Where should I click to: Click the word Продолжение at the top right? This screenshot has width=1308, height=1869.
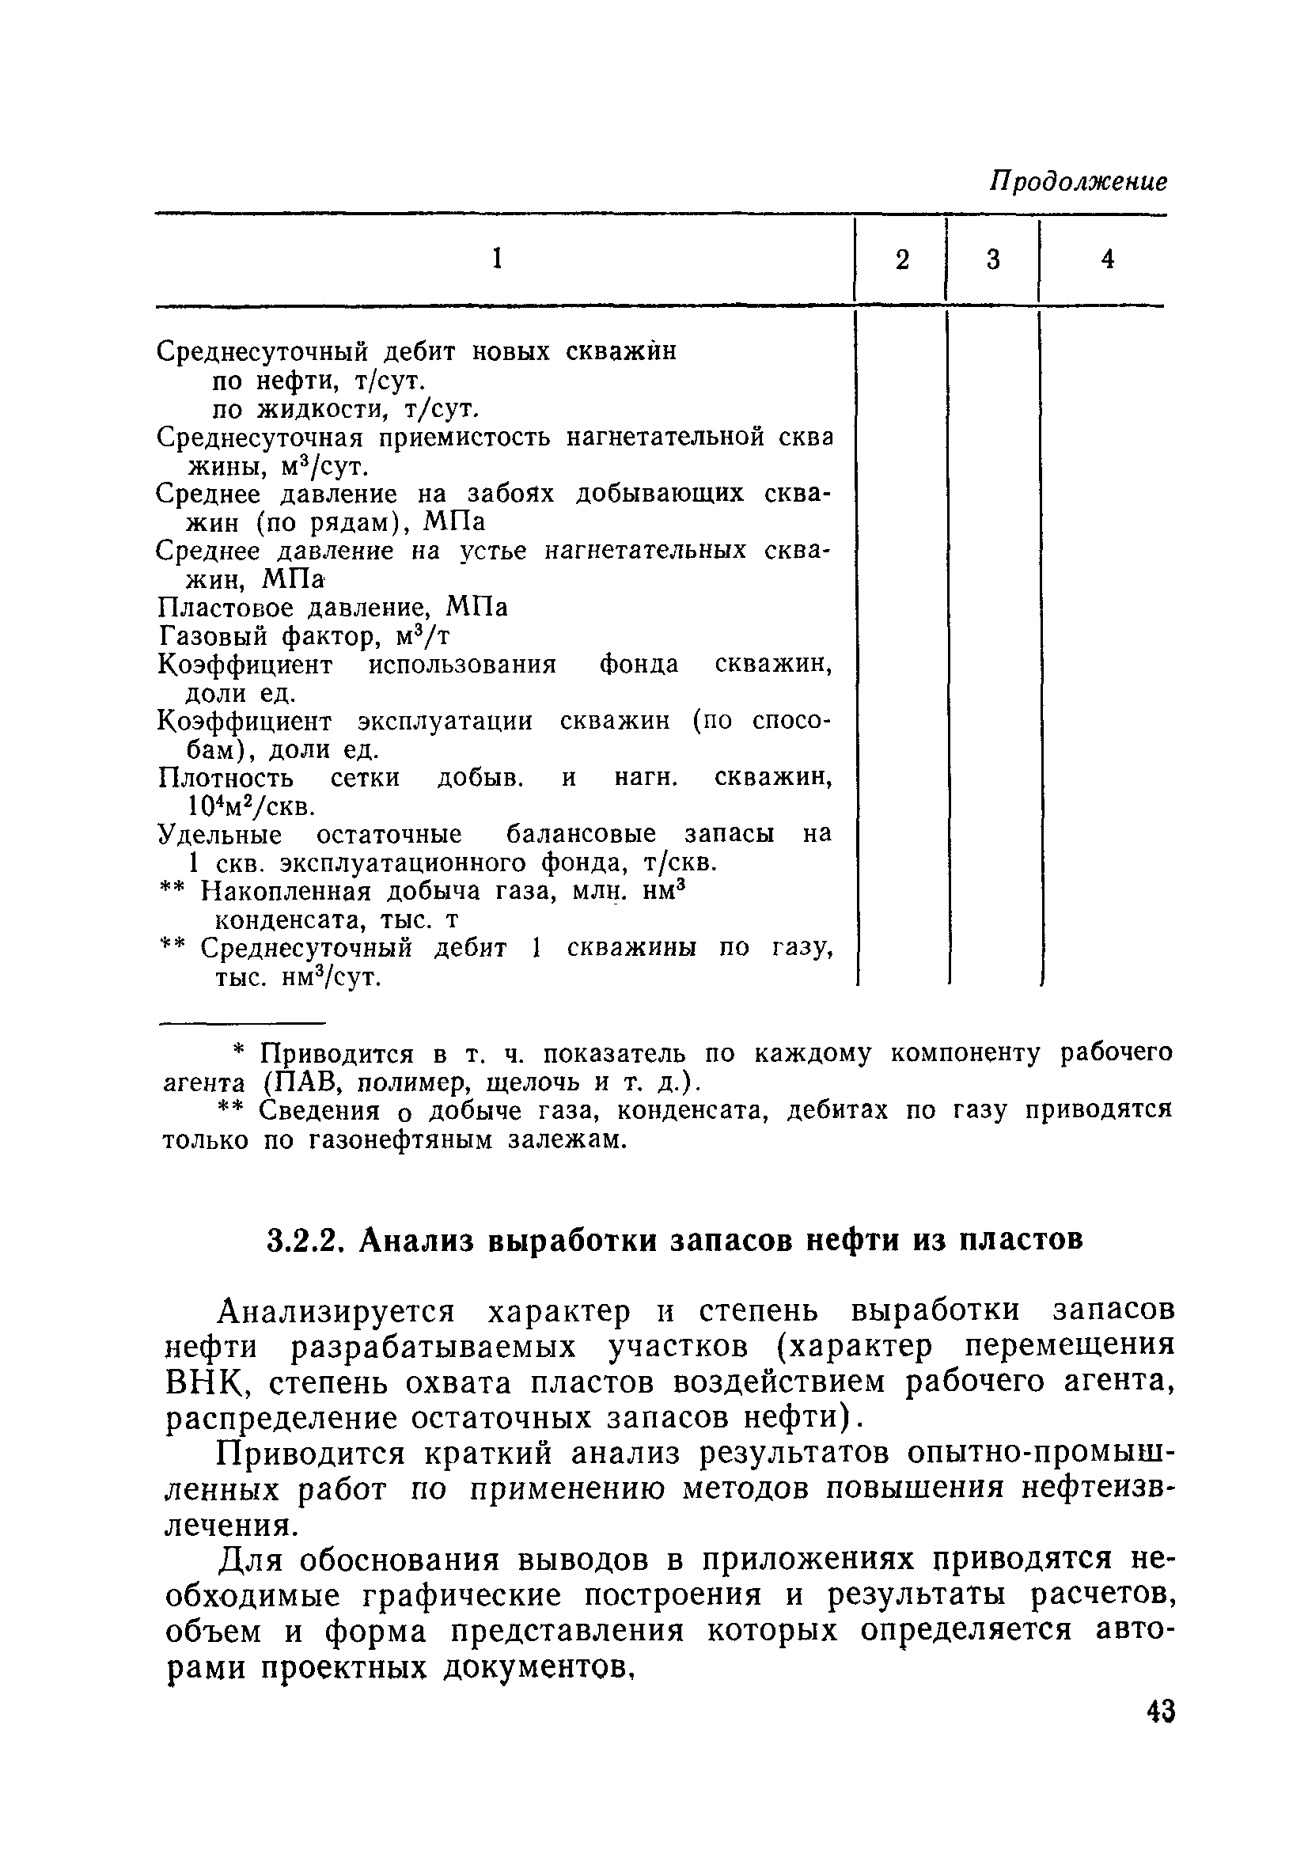click(x=1078, y=181)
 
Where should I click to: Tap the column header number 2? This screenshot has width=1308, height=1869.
click(x=902, y=260)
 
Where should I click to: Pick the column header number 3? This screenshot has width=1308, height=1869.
click(x=993, y=260)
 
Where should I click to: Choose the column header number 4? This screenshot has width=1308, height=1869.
click(x=1107, y=259)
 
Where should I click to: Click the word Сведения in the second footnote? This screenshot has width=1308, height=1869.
click(x=309, y=1111)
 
